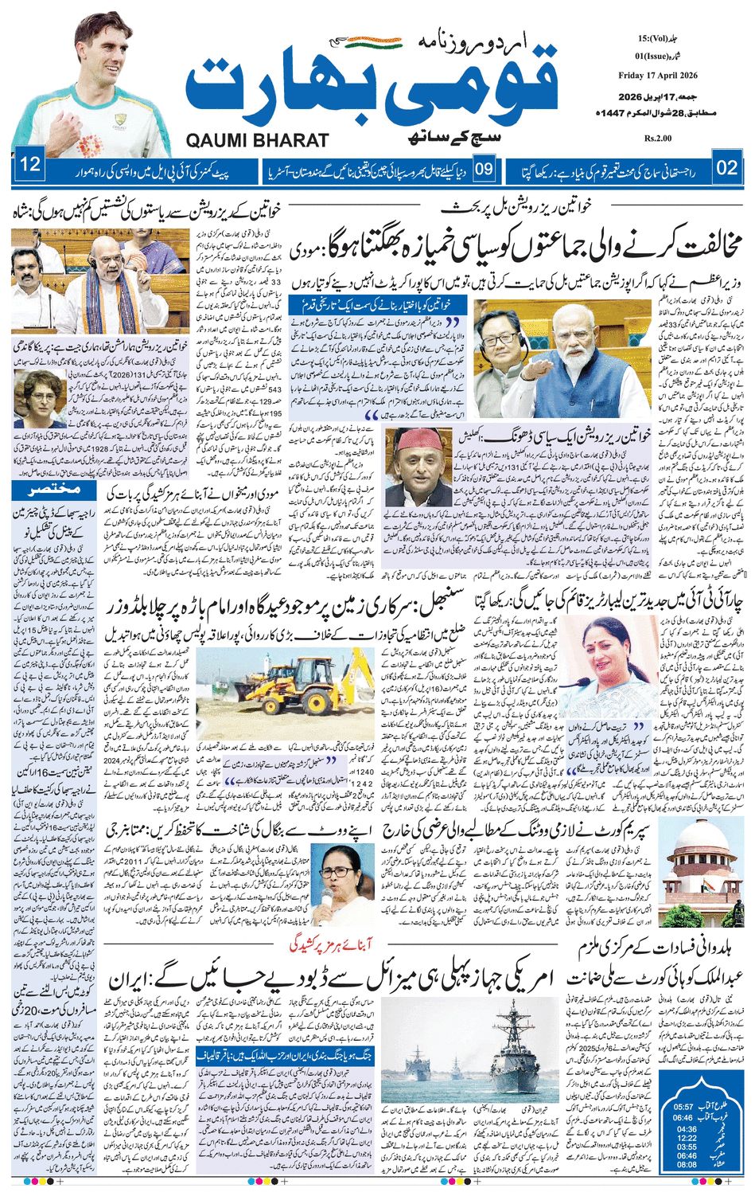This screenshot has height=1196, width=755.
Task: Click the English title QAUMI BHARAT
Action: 257,140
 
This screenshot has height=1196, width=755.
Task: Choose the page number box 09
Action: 485,168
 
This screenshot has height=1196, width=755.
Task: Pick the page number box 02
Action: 726,167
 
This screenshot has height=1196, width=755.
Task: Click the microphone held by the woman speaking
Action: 327,901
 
